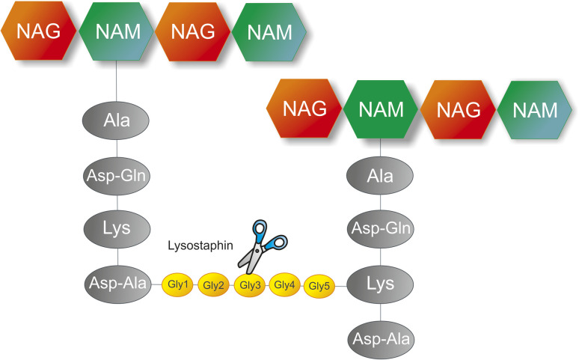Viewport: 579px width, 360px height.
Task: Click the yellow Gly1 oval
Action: click(177, 284)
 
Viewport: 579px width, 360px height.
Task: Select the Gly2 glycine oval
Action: click(213, 285)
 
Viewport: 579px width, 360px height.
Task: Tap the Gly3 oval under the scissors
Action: click(250, 285)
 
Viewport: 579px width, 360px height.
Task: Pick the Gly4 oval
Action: click(284, 285)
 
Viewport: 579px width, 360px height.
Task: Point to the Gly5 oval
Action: click(319, 286)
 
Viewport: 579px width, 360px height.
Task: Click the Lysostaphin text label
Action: click(200, 245)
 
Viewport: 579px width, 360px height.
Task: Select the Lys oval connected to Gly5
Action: click(380, 284)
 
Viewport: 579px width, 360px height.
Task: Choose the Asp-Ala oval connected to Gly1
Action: click(117, 284)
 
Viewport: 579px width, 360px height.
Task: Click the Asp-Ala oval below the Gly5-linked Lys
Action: click(381, 339)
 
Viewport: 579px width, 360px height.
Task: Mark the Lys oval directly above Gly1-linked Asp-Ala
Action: click(117, 229)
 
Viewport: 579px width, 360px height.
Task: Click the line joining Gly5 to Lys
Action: click(341, 286)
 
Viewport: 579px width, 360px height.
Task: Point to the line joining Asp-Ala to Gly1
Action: click(156, 284)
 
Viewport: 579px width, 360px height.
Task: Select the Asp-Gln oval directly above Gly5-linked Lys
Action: click(381, 229)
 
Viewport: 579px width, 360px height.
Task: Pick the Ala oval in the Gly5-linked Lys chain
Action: click(380, 176)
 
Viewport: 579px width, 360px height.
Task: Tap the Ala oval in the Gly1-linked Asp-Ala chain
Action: click(116, 120)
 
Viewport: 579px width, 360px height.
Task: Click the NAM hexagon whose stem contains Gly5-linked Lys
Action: click(381, 109)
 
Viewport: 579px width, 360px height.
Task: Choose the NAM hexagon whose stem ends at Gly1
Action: click(116, 31)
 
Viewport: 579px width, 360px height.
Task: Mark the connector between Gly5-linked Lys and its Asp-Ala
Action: click(381, 312)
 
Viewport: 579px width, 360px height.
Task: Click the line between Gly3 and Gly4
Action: click(267, 285)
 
